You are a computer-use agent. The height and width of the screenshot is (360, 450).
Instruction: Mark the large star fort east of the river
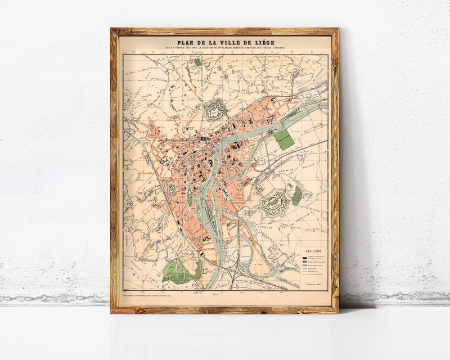pos(274,203)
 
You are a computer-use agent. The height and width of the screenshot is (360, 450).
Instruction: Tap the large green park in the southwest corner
pos(179,270)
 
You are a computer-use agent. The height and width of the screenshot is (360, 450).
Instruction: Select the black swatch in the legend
pos(305,256)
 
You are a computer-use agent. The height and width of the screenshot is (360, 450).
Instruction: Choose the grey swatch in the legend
pos(305,260)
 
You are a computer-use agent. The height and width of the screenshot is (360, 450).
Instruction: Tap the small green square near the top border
pos(198,62)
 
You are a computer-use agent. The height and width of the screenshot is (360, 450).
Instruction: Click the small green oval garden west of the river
pos(172,190)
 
